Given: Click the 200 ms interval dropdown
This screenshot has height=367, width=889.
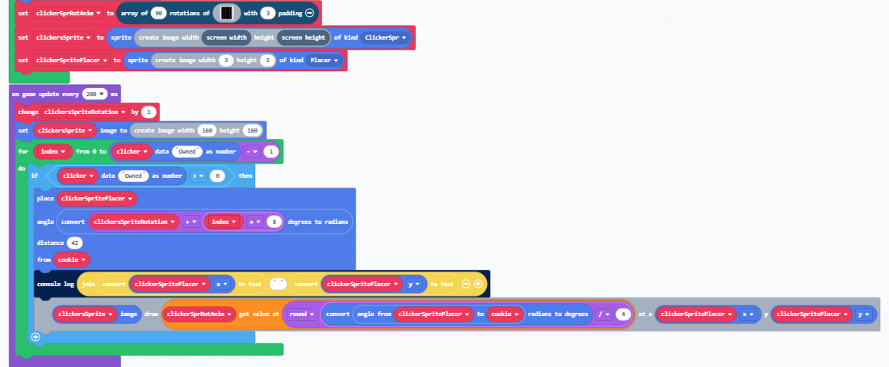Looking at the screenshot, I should (x=94, y=95).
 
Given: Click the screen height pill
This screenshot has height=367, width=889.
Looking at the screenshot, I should (x=304, y=37).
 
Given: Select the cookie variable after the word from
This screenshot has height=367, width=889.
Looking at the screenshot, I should (x=73, y=259).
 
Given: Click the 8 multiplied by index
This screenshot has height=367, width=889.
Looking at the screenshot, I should (x=275, y=221).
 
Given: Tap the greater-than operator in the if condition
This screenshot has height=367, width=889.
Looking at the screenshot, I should (x=197, y=175).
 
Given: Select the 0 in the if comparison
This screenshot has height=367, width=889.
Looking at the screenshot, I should (x=217, y=175).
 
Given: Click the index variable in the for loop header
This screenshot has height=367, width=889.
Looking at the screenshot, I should (x=54, y=151).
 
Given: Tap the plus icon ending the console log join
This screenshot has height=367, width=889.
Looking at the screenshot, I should (x=478, y=284).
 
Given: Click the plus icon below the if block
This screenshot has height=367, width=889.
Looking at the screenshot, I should (x=35, y=336).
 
